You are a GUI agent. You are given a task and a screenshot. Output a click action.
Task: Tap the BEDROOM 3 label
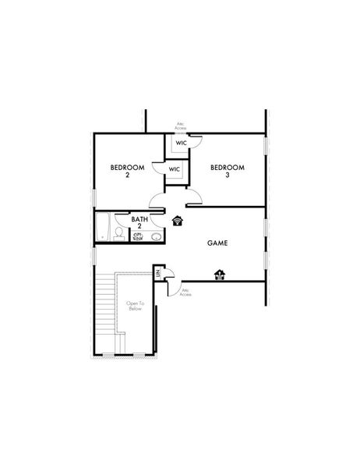228,171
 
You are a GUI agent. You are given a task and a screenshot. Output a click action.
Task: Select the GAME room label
217,243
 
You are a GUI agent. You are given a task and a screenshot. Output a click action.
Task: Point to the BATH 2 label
141,223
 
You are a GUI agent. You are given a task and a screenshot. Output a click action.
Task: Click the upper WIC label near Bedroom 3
182,143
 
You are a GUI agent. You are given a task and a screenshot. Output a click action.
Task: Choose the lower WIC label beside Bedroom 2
175,168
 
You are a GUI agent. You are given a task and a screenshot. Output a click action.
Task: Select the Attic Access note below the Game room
185,292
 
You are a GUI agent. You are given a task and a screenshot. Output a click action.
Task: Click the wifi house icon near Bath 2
178,220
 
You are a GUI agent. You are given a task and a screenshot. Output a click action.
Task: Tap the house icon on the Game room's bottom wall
221,274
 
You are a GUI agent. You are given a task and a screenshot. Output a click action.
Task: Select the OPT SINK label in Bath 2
138,236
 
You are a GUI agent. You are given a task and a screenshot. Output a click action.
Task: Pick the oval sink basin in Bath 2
156,236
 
